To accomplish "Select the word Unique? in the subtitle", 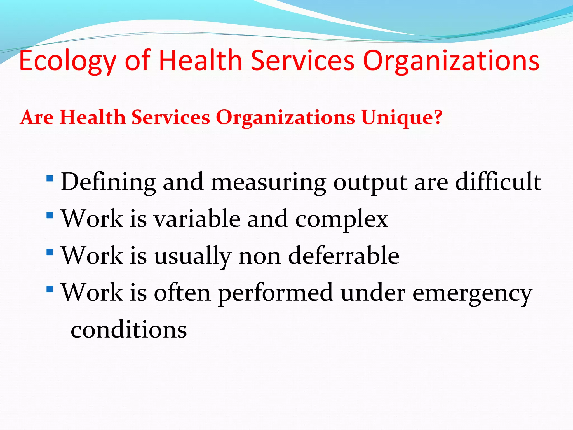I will (x=402, y=118).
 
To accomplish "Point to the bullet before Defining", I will (x=50, y=178).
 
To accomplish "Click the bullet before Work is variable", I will (x=50, y=215).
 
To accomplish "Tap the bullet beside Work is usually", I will (x=50, y=252).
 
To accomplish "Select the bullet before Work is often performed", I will (x=50, y=289).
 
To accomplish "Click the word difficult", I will (x=498, y=182).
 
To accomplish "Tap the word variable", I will (x=197, y=219).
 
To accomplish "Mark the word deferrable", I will (x=344, y=256).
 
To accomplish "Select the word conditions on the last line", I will (x=129, y=330).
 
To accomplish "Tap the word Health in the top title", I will (x=200, y=60).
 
